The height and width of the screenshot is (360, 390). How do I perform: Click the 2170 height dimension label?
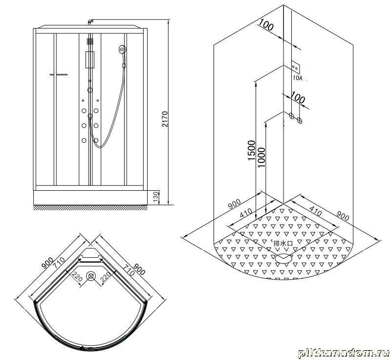click(165, 119)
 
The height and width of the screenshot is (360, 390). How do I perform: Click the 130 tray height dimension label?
click(156, 197)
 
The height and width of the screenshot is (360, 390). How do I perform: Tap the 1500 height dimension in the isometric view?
click(252, 150)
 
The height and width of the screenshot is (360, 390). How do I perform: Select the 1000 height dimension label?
click(261, 157)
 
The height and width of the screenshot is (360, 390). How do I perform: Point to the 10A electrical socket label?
click(298, 78)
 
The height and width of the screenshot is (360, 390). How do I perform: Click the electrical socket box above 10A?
click(296, 67)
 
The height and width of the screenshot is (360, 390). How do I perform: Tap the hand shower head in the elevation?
click(122, 49)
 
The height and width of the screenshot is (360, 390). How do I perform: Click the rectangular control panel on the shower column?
click(90, 60)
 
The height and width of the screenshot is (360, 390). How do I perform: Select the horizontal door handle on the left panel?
click(59, 74)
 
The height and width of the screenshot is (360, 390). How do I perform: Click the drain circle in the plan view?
click(91, 276)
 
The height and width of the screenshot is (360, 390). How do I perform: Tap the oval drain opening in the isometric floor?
click(283, 258)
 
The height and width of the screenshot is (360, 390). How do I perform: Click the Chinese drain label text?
click(283, 243)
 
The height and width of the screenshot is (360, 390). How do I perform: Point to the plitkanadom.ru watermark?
click(343, 353)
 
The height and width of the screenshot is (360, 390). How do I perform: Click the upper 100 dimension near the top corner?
click(266, 25)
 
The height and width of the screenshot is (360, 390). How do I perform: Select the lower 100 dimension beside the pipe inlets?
click(298, 97)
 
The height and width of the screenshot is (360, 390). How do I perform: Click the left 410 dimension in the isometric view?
click(246, 213)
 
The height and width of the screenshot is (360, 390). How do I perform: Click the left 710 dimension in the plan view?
click(60, 263)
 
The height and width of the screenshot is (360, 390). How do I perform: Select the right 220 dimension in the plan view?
click(105, 276)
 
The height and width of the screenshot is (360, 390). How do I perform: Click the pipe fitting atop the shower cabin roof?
click(90, 22)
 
